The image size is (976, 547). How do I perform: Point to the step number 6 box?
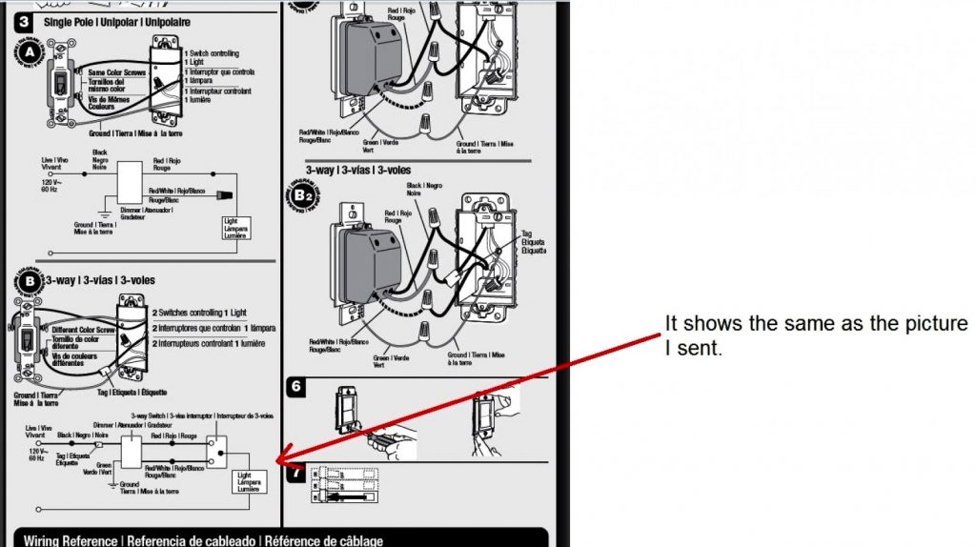pos(295,387)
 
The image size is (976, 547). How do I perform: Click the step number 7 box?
pos(295,471)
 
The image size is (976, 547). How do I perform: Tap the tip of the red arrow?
pos(276,463)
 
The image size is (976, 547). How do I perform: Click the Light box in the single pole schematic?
pos(235,229)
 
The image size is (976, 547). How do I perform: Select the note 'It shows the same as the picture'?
pos(816,324)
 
